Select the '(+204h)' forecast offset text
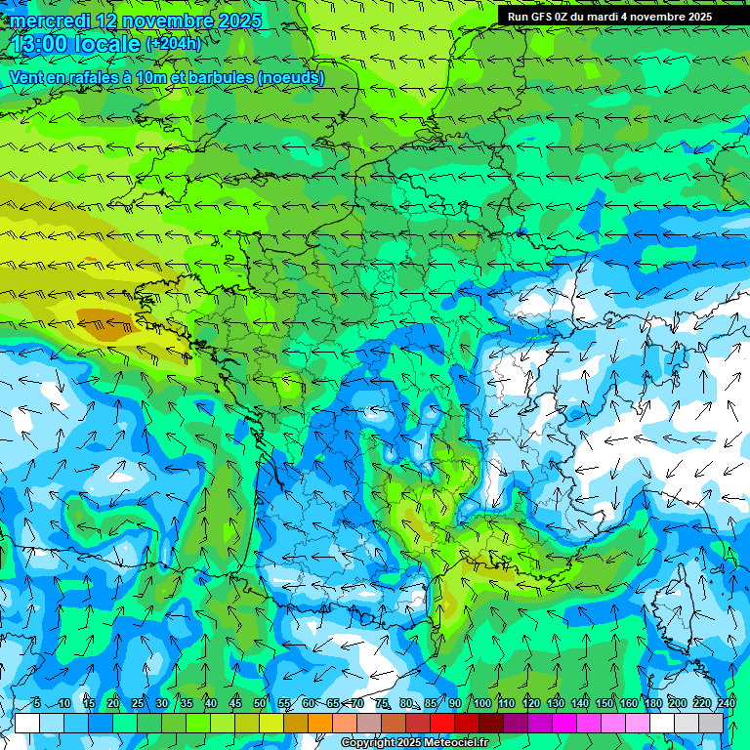pos(174,44)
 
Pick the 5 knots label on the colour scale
pos(36,704)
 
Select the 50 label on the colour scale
pos(260,704)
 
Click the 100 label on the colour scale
pos(481,704)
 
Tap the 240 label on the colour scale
pos(726,704)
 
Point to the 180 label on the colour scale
pos(652,704)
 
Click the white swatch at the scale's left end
pos(27,724)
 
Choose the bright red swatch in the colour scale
pos(442,724)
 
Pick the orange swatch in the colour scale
pos(320,724)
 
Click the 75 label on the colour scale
pos(382,704)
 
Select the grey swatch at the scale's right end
pos(711,724)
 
